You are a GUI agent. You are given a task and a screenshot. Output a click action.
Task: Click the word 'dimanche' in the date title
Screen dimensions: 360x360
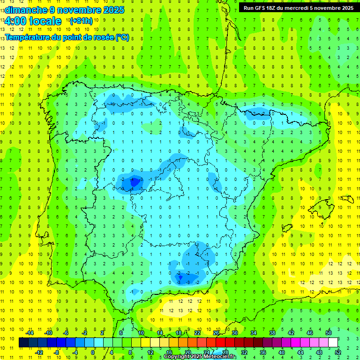[23, 10]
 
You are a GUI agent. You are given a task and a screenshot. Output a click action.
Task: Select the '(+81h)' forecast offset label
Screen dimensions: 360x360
[81, 21]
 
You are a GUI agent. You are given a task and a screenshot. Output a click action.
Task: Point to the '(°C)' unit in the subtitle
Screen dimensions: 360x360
[122, 37]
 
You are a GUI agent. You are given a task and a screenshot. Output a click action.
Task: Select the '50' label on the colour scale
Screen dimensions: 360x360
[329, 333]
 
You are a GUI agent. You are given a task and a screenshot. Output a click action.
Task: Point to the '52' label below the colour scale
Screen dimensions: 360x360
[338, 352]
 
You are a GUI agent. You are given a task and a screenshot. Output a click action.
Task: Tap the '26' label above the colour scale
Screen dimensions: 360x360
[216, 333]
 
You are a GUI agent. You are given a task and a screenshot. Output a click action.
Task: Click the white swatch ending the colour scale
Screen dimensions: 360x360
[333, 343]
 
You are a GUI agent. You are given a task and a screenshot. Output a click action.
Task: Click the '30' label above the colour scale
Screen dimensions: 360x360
[235, 333]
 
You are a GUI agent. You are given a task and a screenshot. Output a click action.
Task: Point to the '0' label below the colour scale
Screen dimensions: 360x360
[93, 352]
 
